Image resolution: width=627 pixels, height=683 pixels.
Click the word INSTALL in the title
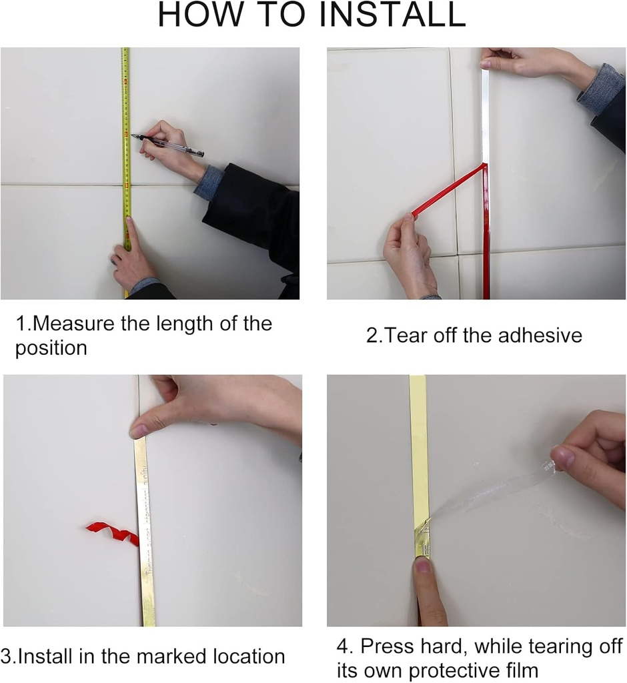click(x=392, y=15)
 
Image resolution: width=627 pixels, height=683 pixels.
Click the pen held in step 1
click(x=167, y=144)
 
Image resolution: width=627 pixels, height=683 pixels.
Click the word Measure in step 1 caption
click(x=73, y=323)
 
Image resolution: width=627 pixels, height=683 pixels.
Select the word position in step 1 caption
click(x=51, y=348)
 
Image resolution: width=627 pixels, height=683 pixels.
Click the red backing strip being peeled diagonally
click(x=449, y=189)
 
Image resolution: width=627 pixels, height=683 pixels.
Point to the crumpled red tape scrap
click(x=113, y=533)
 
